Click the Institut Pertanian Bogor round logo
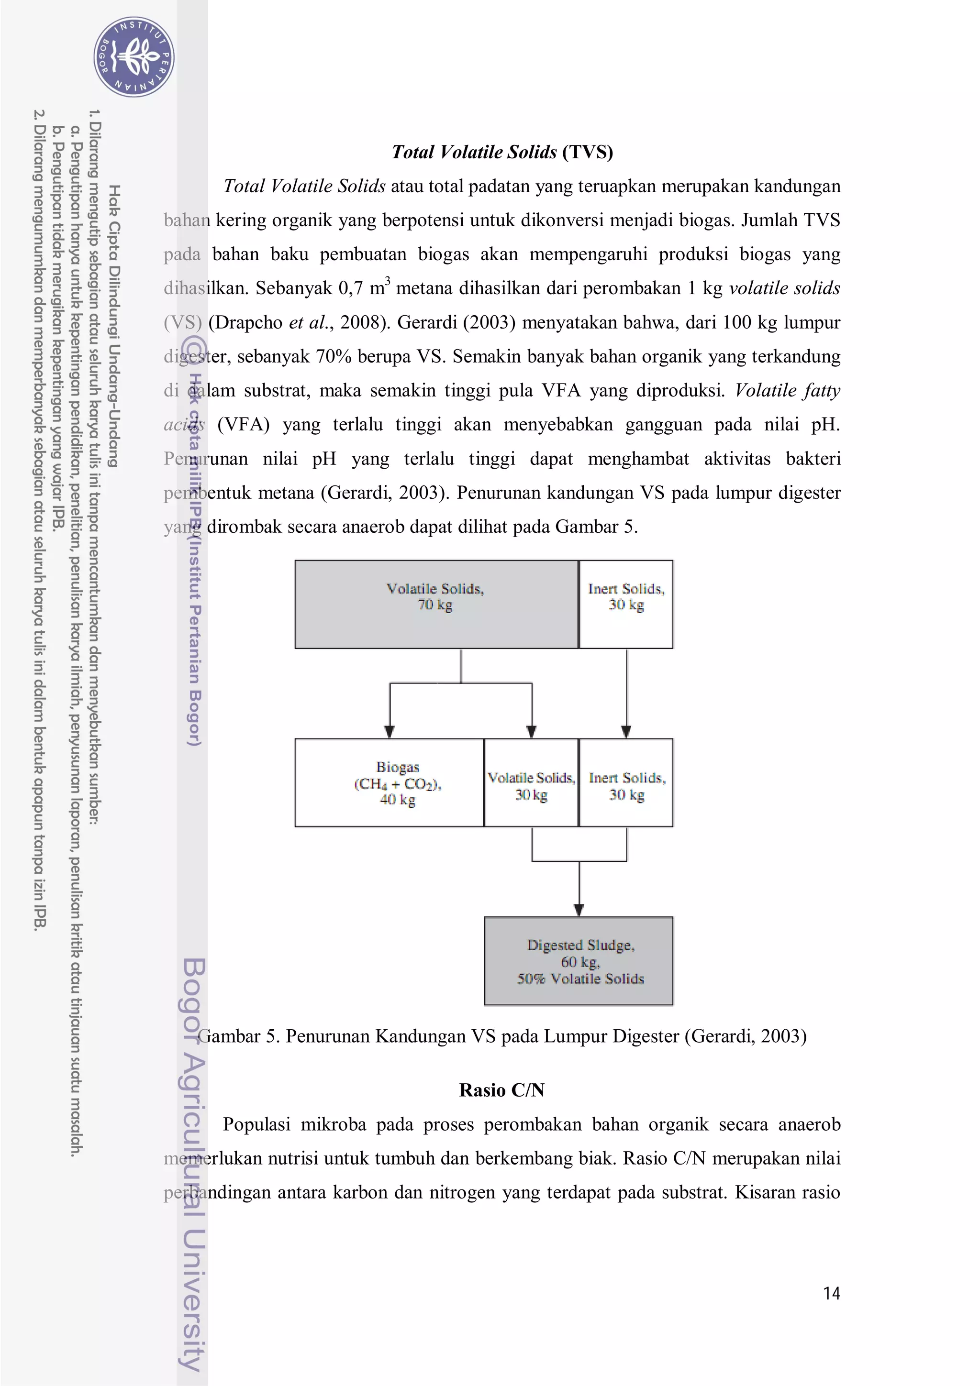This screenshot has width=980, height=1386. coord(134,57)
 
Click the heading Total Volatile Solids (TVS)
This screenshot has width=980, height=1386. coord(502,152)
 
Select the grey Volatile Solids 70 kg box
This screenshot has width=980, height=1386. coord(436,604)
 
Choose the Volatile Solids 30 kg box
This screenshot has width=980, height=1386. coord(531,783)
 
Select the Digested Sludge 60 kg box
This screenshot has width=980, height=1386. coord(579,962)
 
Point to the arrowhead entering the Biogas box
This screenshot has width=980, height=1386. coord(390,732)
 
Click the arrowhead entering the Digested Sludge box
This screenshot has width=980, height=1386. coord(579,910)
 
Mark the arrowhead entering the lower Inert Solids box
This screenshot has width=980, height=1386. coord(626,732)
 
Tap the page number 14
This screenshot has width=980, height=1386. coord(832,1293)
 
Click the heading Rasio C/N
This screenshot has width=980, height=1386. coord(502,1090)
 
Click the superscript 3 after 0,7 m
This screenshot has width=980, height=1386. coord(388,280)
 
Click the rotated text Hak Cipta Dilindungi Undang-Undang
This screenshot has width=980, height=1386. coord(113,326)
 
